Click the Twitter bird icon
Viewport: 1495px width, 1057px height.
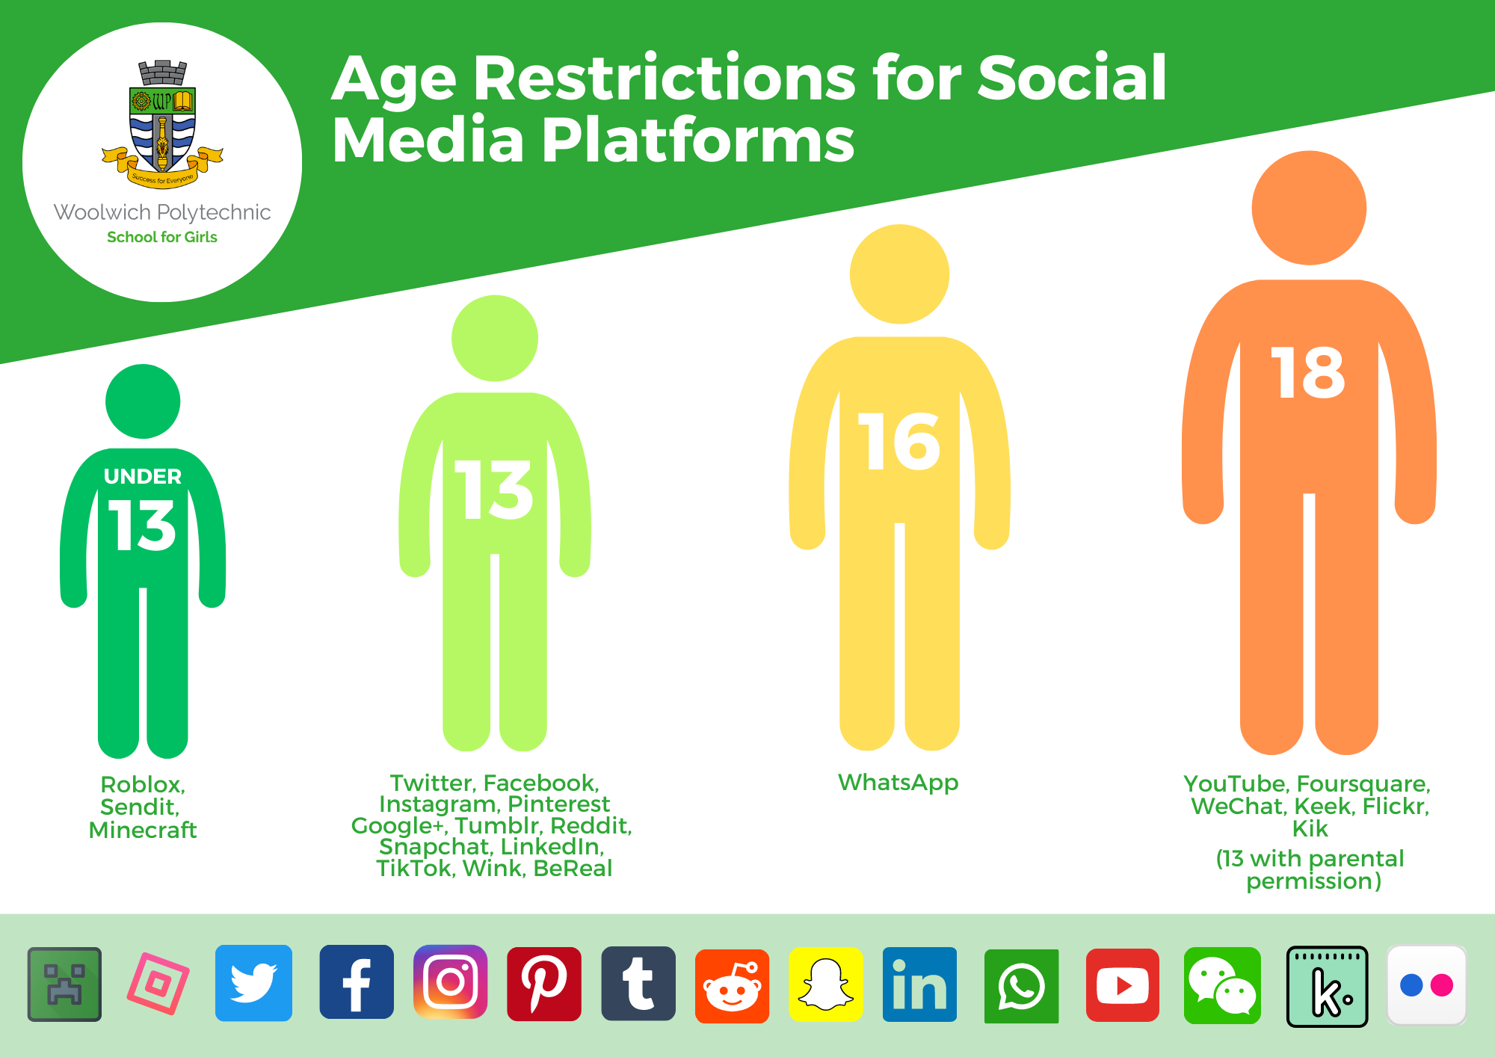tap(253, 983)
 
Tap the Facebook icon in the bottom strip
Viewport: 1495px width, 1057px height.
tap(357, 981)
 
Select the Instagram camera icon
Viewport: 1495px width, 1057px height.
tap(450, 981)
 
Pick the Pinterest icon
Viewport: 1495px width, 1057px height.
tap(544, 984)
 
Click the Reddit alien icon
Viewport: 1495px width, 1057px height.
tap(732, 986)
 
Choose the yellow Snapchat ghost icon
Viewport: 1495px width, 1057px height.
tap(826, 984)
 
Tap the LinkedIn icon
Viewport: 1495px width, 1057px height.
tap(919, 984)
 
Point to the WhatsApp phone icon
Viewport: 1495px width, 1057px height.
tap(1021, 986)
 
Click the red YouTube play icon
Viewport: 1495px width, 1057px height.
tap(1122, 985)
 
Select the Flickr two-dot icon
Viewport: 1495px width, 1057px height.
tap(1426, 985)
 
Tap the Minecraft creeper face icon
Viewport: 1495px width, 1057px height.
tap(64, 984)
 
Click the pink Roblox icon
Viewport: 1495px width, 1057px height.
tap(158, 984)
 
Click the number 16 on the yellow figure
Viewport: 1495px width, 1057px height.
tap(899, 442)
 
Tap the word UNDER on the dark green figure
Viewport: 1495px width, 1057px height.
tap(143, 476)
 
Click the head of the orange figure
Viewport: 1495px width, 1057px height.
tap(1309, 208)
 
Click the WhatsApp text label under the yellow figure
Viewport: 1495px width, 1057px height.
tap(898, 783)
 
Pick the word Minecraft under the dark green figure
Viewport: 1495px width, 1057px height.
tap(143, 830)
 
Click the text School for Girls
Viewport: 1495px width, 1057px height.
tap(162, 237)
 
